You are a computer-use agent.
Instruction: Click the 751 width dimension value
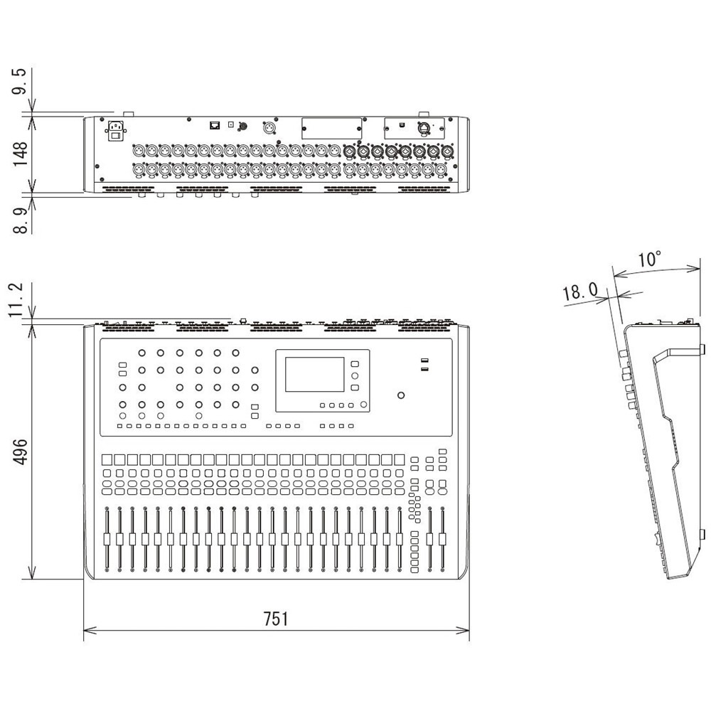(276, 619)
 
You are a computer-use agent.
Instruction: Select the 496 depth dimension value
(21, 451)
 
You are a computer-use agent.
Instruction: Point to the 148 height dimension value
(21, 154)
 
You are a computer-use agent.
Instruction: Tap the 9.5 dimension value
(21, 82)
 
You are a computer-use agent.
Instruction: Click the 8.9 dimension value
(21, 220)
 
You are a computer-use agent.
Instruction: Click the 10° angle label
(649, 260)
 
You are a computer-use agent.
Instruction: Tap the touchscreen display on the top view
(315, 374)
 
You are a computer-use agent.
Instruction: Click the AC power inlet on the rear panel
(116, 132)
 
